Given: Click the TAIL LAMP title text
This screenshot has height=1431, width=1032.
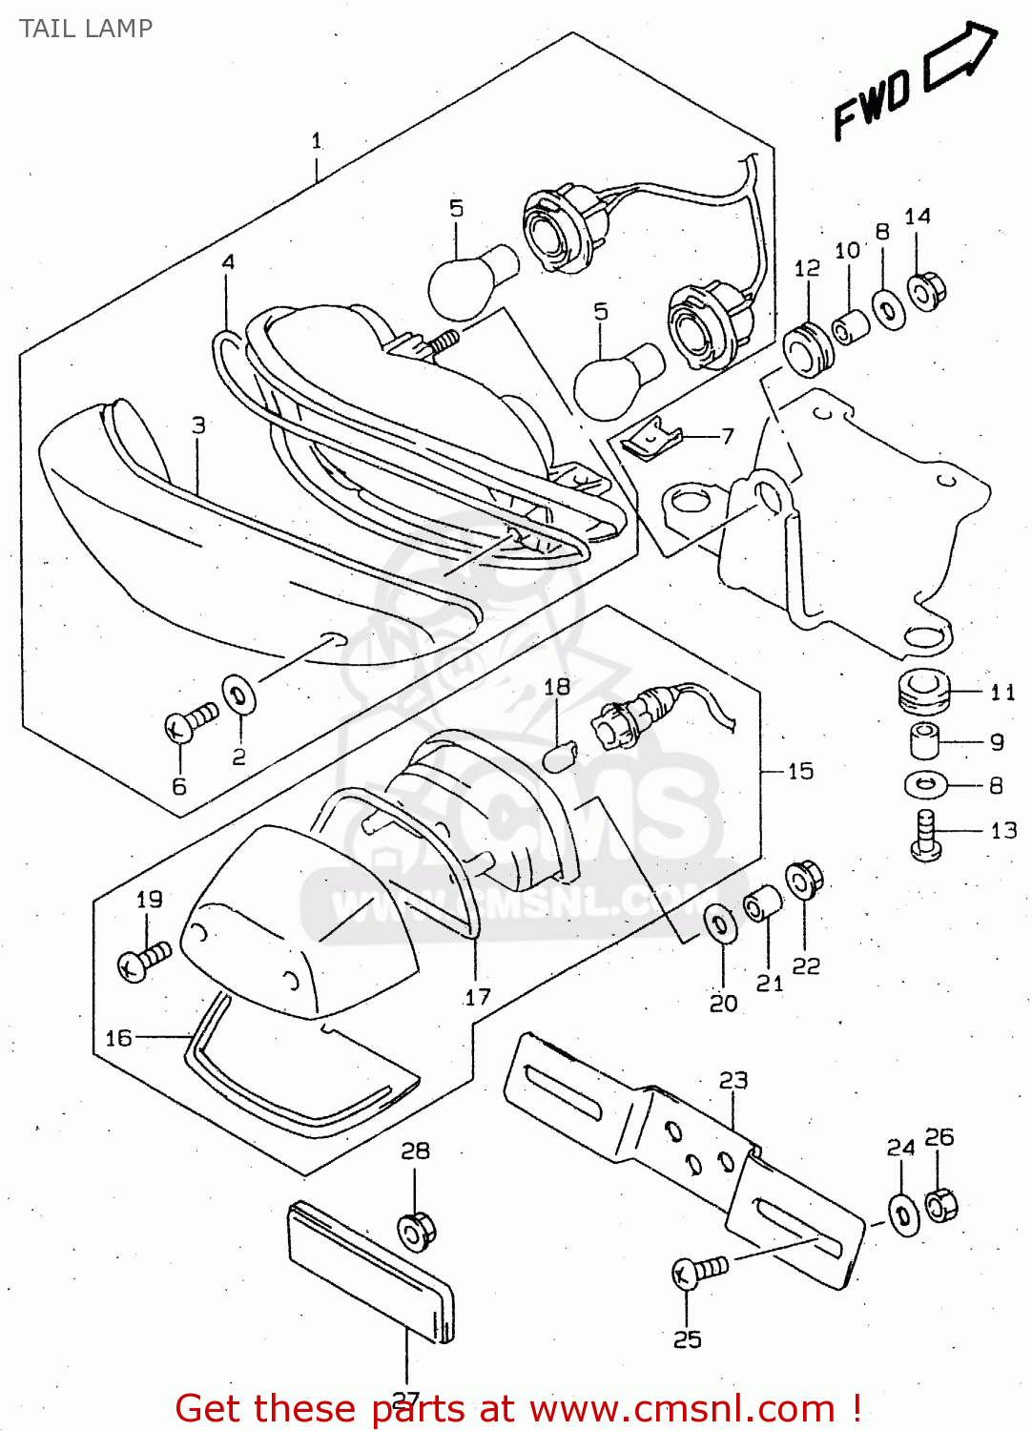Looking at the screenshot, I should coord(86,29).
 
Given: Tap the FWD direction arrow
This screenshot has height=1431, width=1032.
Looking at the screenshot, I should coord(960,58).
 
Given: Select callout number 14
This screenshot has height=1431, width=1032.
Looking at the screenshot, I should coord(918,217).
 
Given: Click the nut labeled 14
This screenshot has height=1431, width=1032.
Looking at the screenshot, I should coord(924,290).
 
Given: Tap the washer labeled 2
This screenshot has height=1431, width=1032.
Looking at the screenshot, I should coord(238,695).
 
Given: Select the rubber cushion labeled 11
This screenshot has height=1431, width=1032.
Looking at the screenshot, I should coord(923,691).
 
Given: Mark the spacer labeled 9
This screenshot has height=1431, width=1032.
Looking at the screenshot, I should coord(922,740).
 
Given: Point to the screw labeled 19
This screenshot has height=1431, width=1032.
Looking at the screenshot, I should coord(143,959).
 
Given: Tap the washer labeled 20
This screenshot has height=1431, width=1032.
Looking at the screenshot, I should coord(720,923).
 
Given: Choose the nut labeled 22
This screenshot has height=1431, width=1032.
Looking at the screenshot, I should coord(804,879).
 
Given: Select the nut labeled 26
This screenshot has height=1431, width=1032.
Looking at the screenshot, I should coord(940,1205).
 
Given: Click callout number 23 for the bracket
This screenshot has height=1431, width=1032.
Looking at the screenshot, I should coord(733,1080).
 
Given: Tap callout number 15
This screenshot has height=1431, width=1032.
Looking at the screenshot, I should coord(800,771).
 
